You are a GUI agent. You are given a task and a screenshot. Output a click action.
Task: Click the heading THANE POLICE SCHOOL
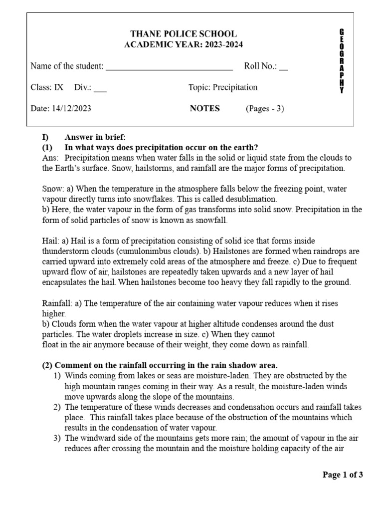coord(184,34)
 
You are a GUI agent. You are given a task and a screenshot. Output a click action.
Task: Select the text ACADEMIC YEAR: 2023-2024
coord(184,45)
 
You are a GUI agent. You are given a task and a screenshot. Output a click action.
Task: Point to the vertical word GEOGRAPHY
coord(341,61)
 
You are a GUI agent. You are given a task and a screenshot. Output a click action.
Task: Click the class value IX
coord(59,87)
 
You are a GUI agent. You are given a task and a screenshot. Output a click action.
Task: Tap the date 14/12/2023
coord(71,108)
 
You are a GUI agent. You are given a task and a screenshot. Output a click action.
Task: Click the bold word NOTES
coord(204,108)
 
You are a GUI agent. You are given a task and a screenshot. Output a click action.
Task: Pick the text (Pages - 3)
coord(264,108)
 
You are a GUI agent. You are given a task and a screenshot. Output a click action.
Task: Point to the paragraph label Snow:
coord(52,189)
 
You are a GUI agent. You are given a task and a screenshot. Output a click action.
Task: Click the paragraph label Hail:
coord(51,241)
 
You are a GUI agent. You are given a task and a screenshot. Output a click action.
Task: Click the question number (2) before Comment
coord(47,365)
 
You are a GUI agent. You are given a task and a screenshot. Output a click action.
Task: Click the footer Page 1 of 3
coord(343,475)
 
